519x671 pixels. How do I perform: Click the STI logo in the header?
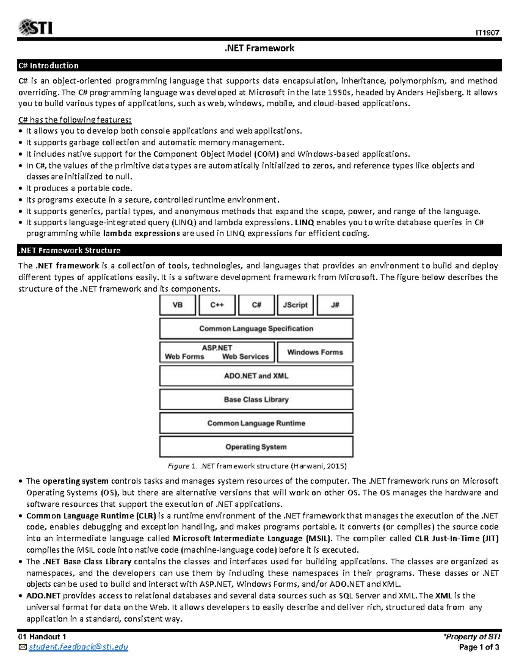pos(35,27)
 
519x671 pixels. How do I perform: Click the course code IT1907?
pos(487,33)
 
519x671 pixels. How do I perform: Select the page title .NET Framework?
pos(259,48)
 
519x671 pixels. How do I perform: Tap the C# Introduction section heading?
pos(48,66)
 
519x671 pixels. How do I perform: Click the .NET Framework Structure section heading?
pos(69,251)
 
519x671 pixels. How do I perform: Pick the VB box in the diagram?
pos(178,305)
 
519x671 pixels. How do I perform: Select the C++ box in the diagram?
pos(217,305)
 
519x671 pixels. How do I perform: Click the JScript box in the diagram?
pos(295,305)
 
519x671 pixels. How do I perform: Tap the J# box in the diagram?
pos(335,305)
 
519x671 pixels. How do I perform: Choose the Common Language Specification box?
pos(256,329)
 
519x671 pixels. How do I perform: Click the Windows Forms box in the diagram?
pos(315,352)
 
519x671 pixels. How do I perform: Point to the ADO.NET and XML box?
pos(256,376)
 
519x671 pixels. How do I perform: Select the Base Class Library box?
pos(256,400)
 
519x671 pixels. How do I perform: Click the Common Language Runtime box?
pos(256,423)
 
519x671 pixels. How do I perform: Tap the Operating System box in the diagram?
pos(256,447)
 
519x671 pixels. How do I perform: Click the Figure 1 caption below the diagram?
pos(257,466)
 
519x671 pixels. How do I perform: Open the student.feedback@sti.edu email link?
pos(78,647)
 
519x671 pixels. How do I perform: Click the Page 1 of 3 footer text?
pos(479,647)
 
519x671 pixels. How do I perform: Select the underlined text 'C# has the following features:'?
pos(75,120)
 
